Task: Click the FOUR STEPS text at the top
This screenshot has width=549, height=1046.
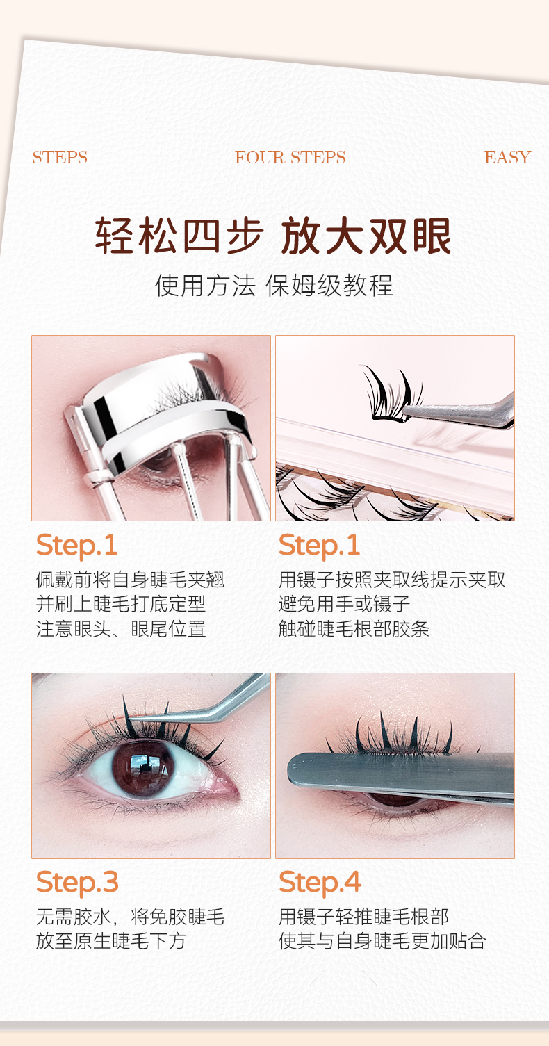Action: [x=290, y=157]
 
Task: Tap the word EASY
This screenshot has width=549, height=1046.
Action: [x=507, y=157]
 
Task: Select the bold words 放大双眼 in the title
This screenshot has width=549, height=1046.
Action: [x=366, y=236]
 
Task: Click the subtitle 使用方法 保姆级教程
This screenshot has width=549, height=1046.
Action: [x=274, y=286]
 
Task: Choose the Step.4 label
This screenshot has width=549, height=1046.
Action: [x=320, y=882]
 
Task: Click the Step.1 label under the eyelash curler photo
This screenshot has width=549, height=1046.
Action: [x=76, y=545]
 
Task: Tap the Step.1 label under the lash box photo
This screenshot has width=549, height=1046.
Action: [x=319, y=545]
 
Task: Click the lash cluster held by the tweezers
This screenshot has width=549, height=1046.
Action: [x=388, y=395]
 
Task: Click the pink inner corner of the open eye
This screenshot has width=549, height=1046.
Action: [x=227, y=788]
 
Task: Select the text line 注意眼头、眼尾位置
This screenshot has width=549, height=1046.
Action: [x=121, y=629]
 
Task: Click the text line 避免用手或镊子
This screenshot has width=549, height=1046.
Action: [x=344, y=604]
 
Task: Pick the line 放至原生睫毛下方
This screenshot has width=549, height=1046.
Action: [x=111, y=940]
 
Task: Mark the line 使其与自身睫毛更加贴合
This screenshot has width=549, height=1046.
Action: [x=382, y=940]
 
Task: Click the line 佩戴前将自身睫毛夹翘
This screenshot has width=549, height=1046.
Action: [x=130, y=580]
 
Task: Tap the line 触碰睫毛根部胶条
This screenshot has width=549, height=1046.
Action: [x=354, y=629]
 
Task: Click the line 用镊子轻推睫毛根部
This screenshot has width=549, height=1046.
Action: [x=363, y=916]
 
